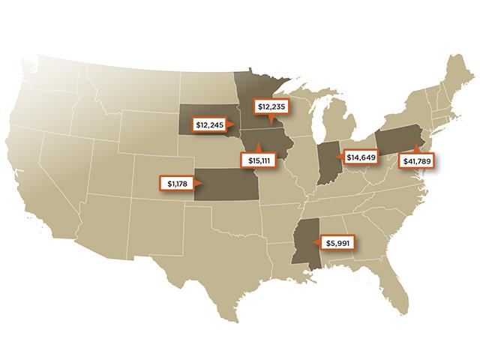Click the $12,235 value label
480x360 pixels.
[x=272, y=106]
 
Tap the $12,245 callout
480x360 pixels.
[x=211, y=124]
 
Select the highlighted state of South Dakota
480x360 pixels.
[x=202, y=112]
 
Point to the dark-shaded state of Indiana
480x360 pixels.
[x=327, y=161]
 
